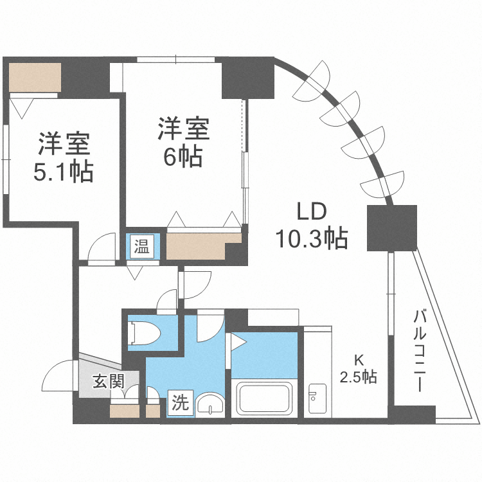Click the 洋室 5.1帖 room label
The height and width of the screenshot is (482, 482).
point(64,157)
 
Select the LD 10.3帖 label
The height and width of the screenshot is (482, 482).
point(312,225)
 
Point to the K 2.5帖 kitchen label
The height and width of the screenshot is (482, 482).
point(358,369)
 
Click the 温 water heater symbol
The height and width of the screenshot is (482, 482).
point(141,245)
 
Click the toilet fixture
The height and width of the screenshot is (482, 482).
point(145,333)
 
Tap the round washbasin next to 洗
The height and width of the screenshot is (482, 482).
point(210,405)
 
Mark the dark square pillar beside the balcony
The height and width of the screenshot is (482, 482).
point(392,228)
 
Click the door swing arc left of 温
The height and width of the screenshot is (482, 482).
point(101,247)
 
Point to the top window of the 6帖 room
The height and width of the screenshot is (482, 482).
point(175,60)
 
